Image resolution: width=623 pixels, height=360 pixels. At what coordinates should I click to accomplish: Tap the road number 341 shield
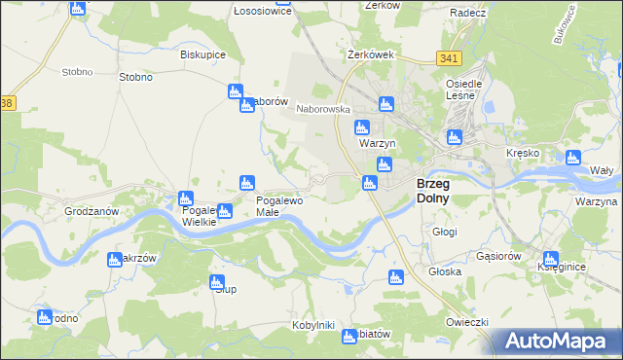click(449, 59)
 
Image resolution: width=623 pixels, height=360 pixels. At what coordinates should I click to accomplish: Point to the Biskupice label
click(202, 54)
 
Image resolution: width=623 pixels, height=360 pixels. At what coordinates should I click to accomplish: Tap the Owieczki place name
click(466, 321)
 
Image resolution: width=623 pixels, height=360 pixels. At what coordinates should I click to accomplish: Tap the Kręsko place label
click(523, 154)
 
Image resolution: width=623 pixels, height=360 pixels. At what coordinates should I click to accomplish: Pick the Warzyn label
click(375, 144)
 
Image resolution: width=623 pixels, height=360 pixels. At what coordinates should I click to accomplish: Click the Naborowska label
click(323, 110)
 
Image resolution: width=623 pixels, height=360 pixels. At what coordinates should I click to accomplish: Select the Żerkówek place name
click(370, 54)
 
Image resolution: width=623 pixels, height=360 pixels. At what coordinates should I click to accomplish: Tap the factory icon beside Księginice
click(550, 261)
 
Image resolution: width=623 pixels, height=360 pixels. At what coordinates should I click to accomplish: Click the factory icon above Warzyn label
click(362, 126)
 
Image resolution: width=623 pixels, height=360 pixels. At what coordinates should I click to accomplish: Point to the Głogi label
click(444, 232)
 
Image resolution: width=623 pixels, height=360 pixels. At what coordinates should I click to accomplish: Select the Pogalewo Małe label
click(279, 205)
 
